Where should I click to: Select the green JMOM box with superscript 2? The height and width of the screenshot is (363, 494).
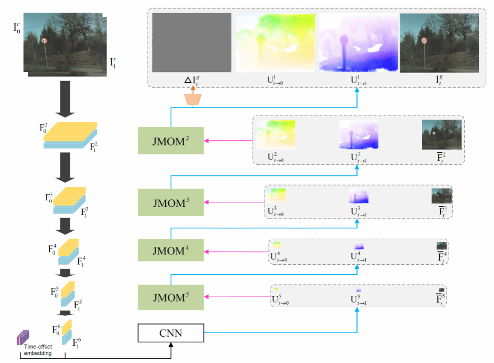(x=170, y=140)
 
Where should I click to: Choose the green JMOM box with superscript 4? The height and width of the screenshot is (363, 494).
(x=170, y=249)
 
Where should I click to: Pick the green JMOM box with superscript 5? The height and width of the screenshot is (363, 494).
(x=170, y=297)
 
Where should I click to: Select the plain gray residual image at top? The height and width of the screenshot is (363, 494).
(x=192, y=43)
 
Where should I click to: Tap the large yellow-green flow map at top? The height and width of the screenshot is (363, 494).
(x=275, y=43)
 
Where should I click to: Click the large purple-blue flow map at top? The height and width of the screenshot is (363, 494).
(x=359, y=43)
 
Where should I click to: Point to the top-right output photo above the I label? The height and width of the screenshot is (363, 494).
(x=439, y=43)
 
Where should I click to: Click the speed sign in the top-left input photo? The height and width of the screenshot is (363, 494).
(x=45, y=40)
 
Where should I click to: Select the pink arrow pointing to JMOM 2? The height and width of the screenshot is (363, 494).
(x=228, y=140)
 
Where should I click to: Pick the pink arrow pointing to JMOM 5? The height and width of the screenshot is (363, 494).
(x=236, y=297)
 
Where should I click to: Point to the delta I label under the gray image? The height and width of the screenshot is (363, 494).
(x=192, y=79)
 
